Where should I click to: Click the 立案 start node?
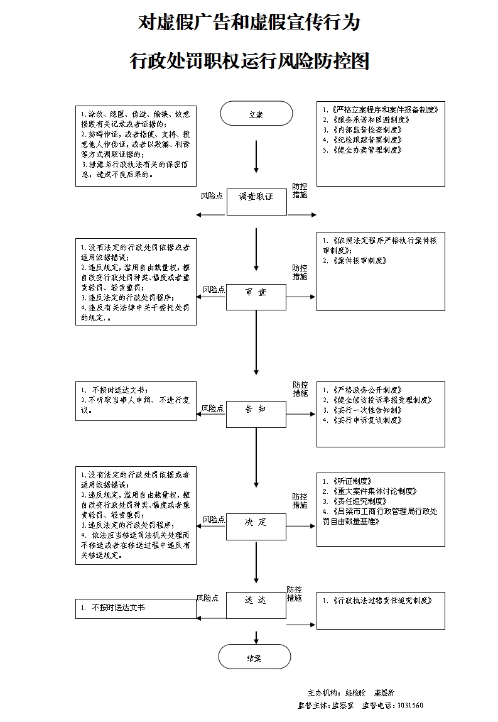click(256, 114)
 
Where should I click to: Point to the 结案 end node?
click(254, 657)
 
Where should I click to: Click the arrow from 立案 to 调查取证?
click(256, 156)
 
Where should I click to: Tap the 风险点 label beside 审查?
click(214, 290)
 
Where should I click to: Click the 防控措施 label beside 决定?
click(300, 501)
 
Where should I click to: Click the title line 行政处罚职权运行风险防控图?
click(249, 62)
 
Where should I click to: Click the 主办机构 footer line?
click(350, 692)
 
